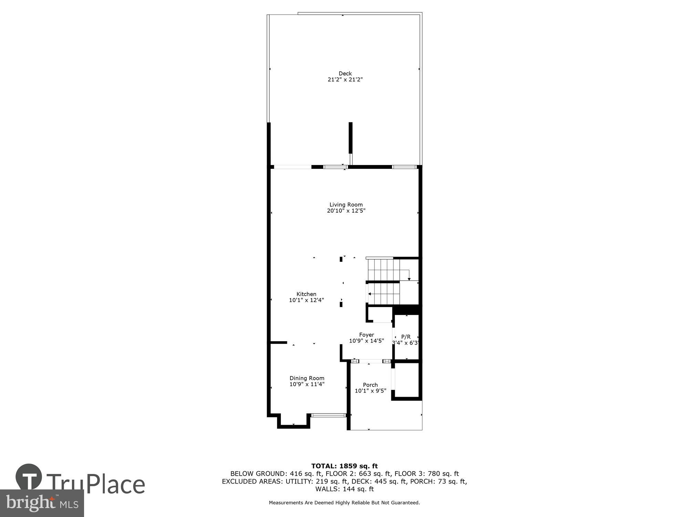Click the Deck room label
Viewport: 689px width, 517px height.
[345, 73]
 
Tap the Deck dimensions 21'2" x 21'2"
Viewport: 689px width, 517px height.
[345, 80]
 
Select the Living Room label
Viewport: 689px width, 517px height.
[346, 205]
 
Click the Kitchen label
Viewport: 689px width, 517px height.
[306, 294]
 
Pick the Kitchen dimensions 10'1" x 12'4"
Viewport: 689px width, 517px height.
[306, 300]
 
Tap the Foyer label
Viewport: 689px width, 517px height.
[367, 335]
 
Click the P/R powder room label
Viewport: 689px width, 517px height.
[406, 337]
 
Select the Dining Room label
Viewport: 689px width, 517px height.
[307, 378]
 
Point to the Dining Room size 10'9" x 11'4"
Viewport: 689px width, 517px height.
[307, 384]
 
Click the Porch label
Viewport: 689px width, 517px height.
[370, 385]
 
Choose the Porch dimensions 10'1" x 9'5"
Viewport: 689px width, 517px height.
[370, 391]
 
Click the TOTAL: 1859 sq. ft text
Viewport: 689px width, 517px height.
[344, 466]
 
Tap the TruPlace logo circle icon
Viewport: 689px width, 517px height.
[29, 477]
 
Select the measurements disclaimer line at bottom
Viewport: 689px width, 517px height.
[344, 503]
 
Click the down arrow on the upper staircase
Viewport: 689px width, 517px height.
[409, 278]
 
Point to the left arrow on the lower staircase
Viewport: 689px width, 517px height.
[370, 294]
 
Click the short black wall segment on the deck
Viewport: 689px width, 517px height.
[350, 138]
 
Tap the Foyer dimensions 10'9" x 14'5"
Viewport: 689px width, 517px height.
[367, 341]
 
